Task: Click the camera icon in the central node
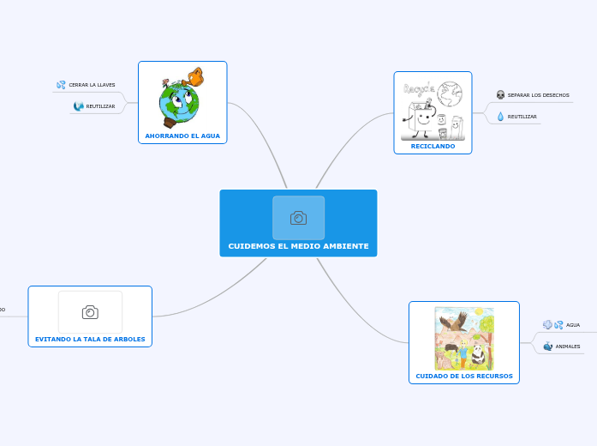click(x=298, y=218)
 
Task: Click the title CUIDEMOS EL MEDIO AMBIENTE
click(x=298, y=246)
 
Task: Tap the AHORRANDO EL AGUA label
click(x=182, y=136)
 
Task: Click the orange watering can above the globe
click(x=196, y=77)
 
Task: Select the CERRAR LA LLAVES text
click(x=92, y=85)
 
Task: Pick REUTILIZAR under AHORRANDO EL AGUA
click(x=100, y=106)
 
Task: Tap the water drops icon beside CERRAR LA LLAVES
click(x=61, y=85)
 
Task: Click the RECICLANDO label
click(x=433, y=147)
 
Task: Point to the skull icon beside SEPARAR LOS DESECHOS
click(x=500, y=95)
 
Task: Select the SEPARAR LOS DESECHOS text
click(x=538, y=95)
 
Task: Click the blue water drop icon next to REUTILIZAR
click(x=500, y=117)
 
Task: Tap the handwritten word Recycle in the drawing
click(x=419, y=87)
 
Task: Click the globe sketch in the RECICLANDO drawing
click(x=450, y=92)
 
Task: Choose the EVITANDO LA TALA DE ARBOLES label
click(x=90, y=339)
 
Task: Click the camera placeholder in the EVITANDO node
click(x=90, y=312)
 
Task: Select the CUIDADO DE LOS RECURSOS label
click(x=464, y=376)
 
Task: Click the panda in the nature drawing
click(x=477, y=355)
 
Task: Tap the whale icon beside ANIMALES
click(x=548, y=347)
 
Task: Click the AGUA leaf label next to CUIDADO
click(x=573, y=325)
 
